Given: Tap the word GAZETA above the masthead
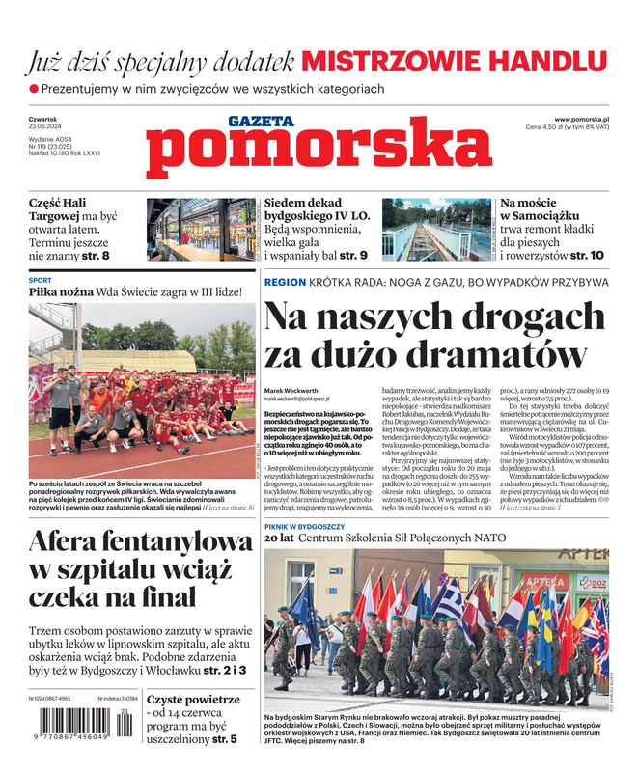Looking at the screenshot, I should coord(261,122).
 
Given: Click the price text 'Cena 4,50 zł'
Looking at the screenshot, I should coord(553,127).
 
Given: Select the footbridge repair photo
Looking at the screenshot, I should coord(436,230).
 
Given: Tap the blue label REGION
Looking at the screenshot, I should coord(285,282).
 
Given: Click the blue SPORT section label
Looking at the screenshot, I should coord(41,280).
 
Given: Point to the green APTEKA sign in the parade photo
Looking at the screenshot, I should coord(546,583).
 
